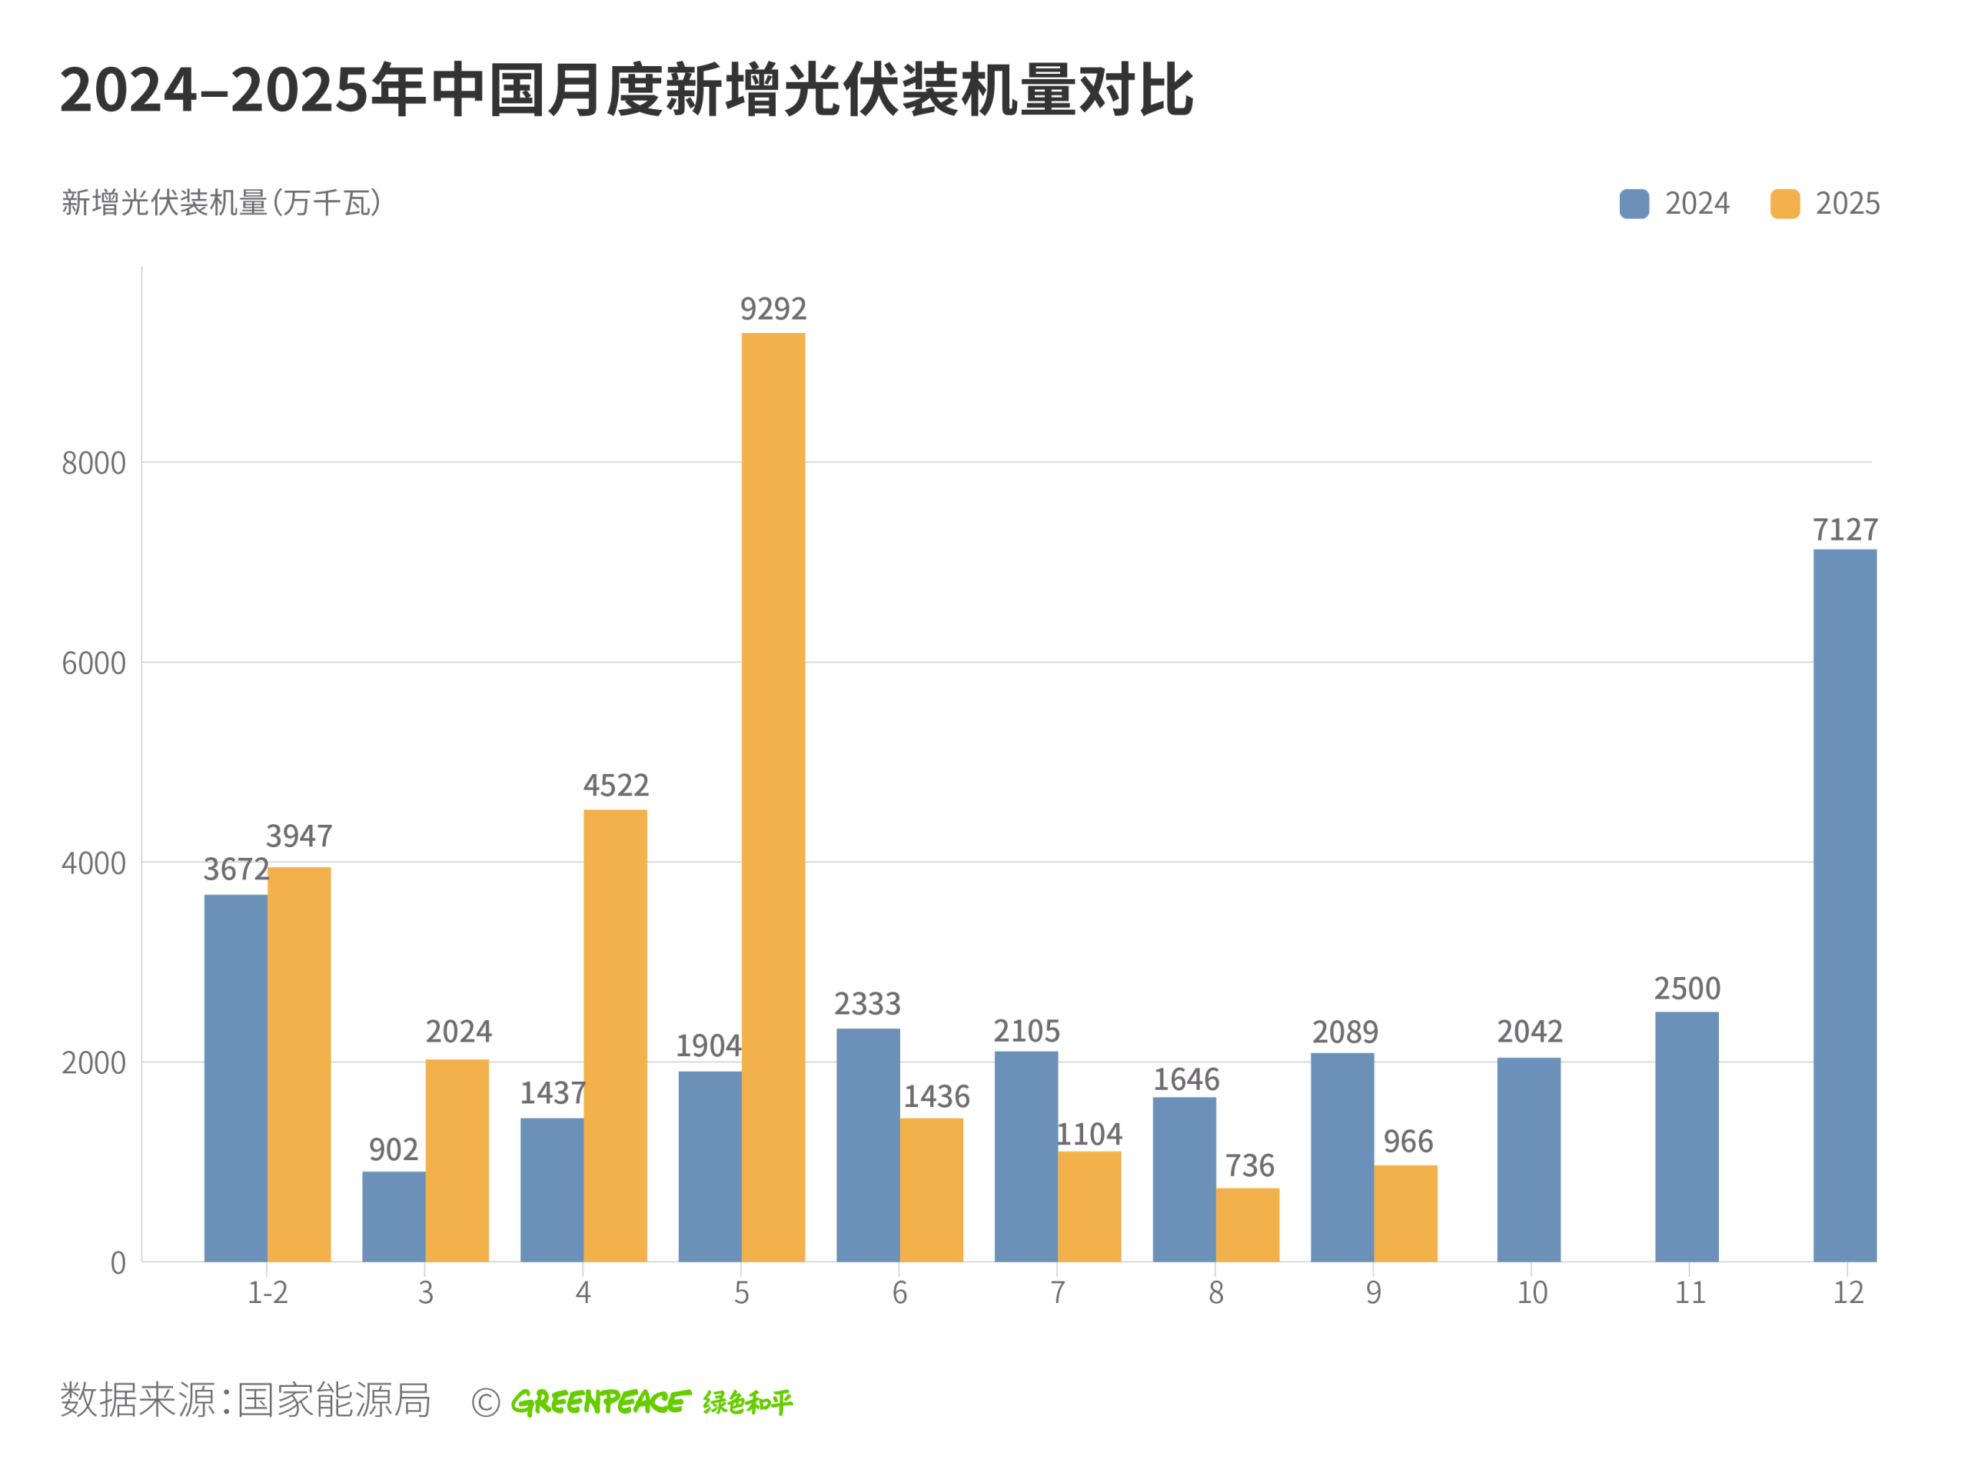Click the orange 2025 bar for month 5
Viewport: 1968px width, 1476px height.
pos(773,796)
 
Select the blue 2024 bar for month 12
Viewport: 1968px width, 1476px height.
pos(1844,905)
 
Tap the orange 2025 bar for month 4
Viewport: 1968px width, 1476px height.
pos(615,1035)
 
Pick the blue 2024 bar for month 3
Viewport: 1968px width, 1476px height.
pos(394,1216)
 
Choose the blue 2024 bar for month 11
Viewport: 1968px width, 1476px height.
pos(1686,1136)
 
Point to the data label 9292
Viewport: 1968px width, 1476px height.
pos(773,309)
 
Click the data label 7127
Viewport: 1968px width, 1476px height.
pos(1845,530)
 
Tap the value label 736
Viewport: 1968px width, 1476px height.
pos(1249,1165)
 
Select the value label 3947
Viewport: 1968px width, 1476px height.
pos(299,836)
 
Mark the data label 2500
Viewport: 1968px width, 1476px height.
pos(1687,989)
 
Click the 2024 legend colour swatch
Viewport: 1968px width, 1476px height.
pos(1634,204)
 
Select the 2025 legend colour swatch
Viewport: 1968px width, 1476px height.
pos(1785,204)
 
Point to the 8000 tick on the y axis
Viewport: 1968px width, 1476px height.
pos(94,464)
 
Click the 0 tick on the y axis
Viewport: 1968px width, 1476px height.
pos(118,1263)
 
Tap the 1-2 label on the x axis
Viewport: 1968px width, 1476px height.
pos(267,1293)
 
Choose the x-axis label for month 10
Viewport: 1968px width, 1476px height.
pos(1532,1293)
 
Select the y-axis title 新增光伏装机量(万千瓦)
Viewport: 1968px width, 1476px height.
pos(221,203)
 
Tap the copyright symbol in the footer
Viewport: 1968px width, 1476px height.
pos(486,1403)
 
